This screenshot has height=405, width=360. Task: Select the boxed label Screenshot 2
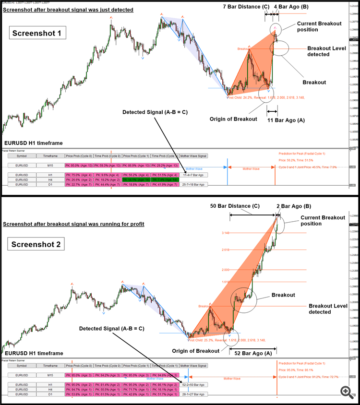(x=36, y=244)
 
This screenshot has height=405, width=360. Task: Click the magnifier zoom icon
(x=347, y=392)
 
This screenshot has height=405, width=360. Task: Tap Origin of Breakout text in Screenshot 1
(x=233, y=119)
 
